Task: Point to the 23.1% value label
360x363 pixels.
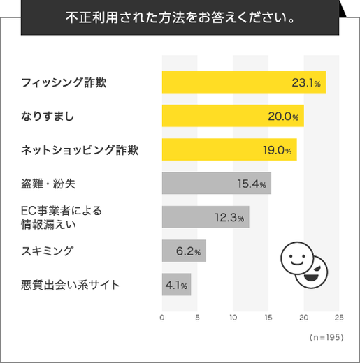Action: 305,83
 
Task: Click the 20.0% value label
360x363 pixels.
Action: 284,117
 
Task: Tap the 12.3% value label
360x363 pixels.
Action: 229,218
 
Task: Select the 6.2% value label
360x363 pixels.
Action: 189,251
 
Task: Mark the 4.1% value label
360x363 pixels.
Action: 176,285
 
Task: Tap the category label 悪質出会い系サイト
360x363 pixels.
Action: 71,285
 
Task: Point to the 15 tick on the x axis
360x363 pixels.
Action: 268,317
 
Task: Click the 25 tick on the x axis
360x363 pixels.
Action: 339,317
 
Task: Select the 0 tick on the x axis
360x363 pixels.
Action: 162,317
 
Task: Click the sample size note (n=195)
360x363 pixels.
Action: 325,337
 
